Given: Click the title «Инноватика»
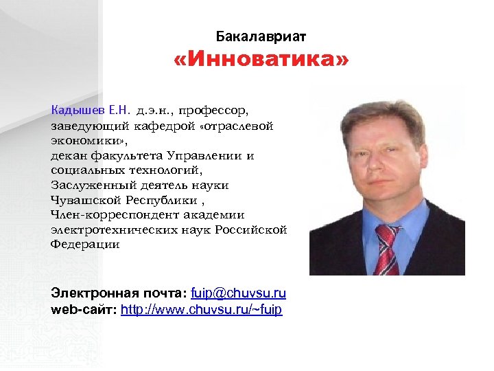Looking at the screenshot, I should (x=261, y=62).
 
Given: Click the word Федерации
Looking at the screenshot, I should (x=84, y=245).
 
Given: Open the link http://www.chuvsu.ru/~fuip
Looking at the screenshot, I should (x=201, y=310).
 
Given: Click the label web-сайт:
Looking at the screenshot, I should (x=84, y=310).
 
